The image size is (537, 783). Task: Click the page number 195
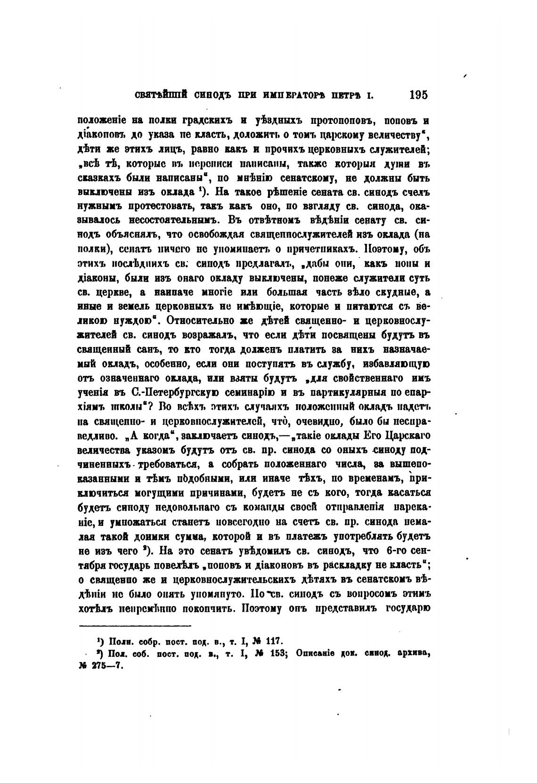pyautogui.click(x=418, y=95)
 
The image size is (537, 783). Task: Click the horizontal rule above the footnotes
pyautogui.click(x=135, y=625)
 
